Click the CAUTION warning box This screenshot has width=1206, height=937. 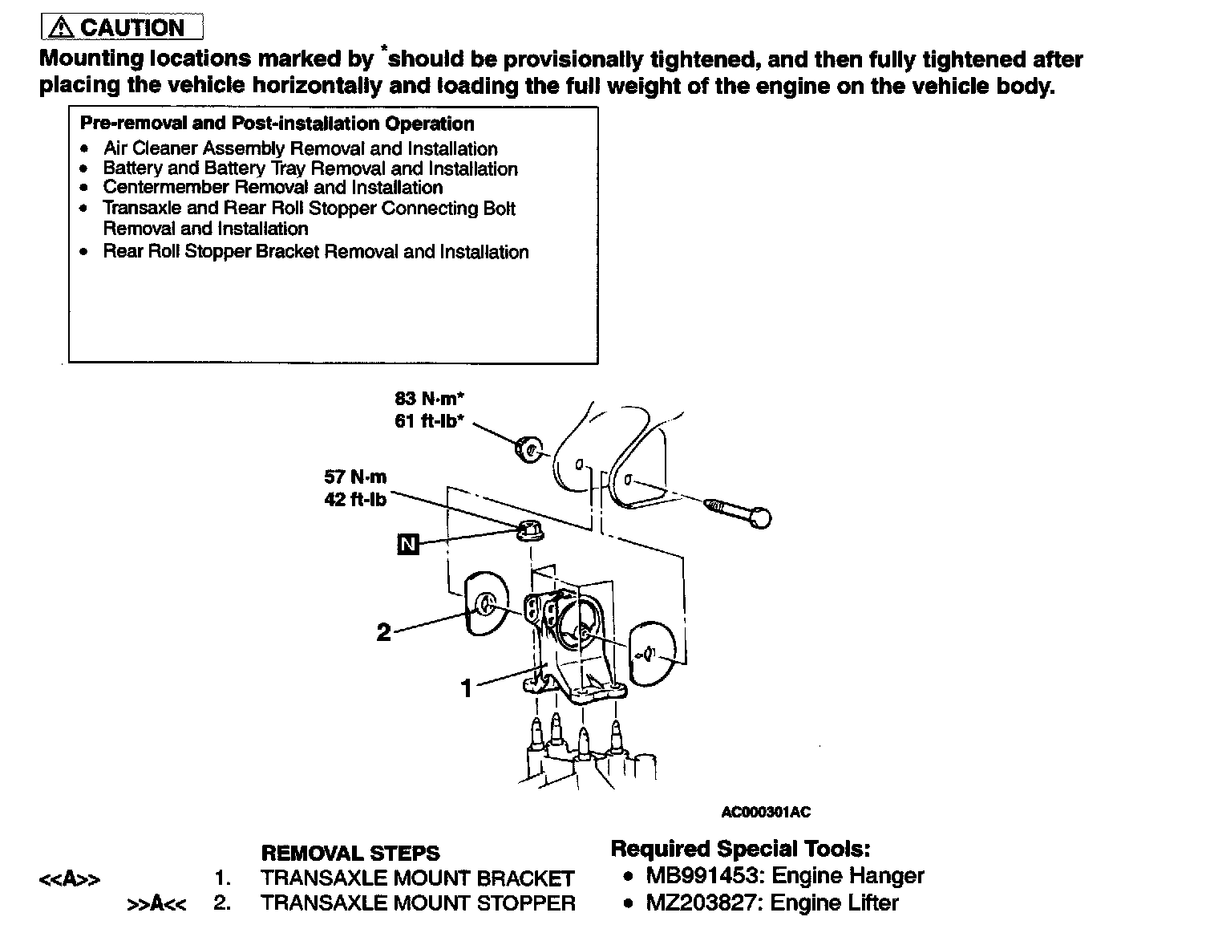[x=122, y=27]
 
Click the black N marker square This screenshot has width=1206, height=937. [x=408, y=545]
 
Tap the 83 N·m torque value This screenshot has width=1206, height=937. [x=430, y=398]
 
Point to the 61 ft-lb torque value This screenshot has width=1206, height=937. [x=430, y=420]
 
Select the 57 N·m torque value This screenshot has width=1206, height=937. [x=355, y=477]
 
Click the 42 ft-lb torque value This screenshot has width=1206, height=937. [x=355, y=500]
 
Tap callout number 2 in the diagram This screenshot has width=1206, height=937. [x=384, y=633]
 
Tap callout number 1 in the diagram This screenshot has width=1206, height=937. [x=467, y=688]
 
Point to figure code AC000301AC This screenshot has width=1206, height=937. [x=766, y=812]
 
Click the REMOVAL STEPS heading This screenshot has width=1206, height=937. [x=350, y=853]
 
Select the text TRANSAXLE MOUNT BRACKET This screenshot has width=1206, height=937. [x=417, y=878]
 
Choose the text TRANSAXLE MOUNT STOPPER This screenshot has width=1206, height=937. [x=418, y=903]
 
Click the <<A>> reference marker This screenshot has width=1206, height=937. [x=70, y=879]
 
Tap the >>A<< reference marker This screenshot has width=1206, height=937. [x=157, y=904]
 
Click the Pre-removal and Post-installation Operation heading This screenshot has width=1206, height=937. [x=277, y=124]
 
